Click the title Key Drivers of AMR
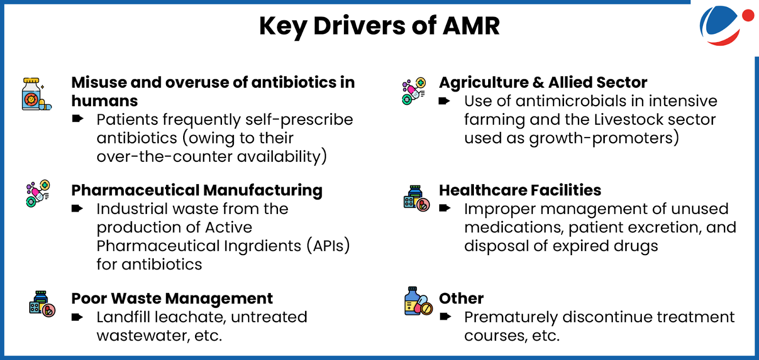379,26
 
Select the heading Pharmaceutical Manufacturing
197,190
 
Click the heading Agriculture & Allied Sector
543,83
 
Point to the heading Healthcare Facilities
520,190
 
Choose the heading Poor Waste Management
172,298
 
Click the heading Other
461,298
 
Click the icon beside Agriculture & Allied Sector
414,91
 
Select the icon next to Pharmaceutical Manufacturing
38,194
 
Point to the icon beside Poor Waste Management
42,304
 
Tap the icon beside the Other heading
418,302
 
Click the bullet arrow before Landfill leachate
77,317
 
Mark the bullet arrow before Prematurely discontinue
445,317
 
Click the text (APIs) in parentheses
328,246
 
